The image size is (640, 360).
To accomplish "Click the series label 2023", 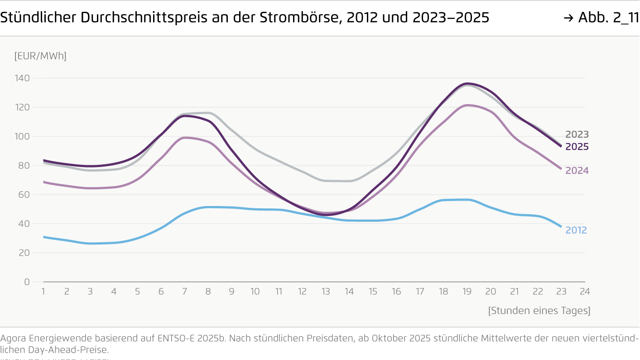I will tap(577, 134).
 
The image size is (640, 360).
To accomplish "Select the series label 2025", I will tap(577, 147).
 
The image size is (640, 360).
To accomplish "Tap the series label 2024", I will tap(577, 171).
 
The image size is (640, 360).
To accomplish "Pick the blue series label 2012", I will tap(576, 230).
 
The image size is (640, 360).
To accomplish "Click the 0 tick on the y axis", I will tap(27, 282).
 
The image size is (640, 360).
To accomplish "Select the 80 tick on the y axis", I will tap(24, 166).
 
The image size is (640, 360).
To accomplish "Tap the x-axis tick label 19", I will tap(467, 292).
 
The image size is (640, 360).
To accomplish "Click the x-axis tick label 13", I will tap(326, 292).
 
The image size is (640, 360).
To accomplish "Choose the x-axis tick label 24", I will tap(585, 292).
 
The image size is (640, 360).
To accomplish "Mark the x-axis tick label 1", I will tap(43, 292).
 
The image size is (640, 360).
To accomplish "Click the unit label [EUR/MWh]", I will tap(40, 56).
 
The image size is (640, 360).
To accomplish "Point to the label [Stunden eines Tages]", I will tap(539, 311).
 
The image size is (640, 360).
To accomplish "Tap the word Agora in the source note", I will tap(14, 339).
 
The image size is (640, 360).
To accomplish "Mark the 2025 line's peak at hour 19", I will tap(467, 83).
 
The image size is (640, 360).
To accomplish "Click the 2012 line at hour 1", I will tap(43, 237).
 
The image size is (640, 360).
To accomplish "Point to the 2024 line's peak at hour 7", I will tap(185, 138).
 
